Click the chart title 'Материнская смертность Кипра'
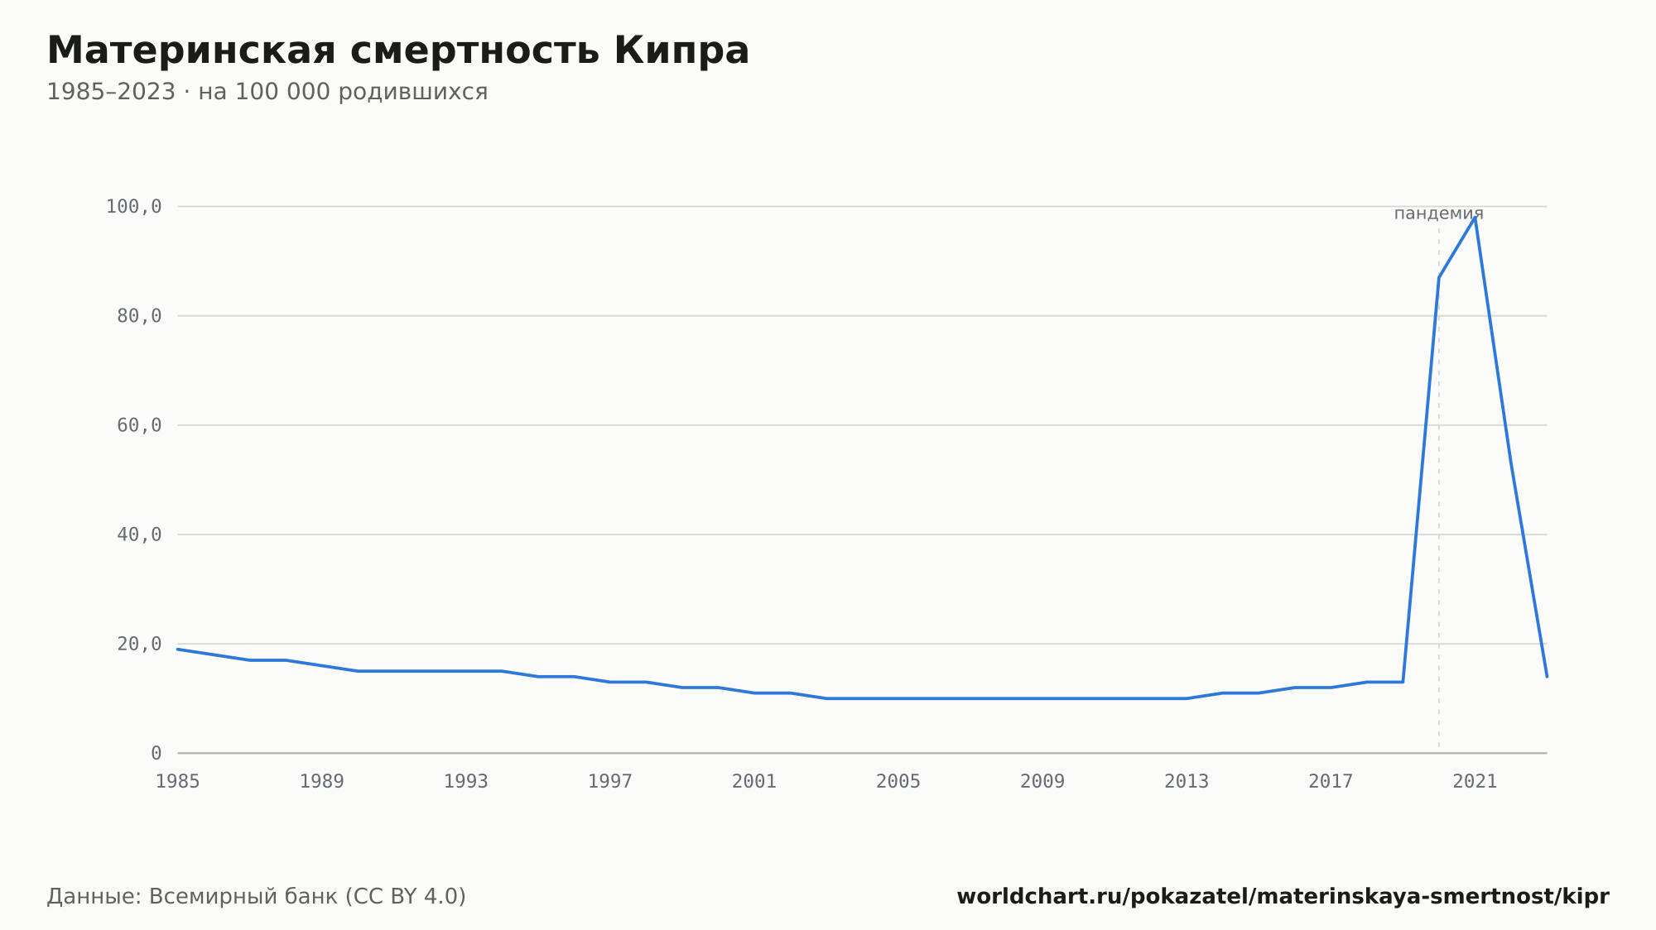(x=398, y=51)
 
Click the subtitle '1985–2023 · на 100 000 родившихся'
(x=267, y=92)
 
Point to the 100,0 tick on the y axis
(x=134, y=207)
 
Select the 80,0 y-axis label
(x=139, y=316)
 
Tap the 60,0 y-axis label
(x=139, y=425)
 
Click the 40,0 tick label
(x=139, y=535)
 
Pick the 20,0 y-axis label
(x=139, y=644)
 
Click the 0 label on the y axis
(x=156, y=754)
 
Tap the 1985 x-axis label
(x=178, y=782)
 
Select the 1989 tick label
(x=322, y=782)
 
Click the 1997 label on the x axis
(x=610, y=782)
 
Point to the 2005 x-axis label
(x=898, y=782)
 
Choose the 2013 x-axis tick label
(x=1187, y=782)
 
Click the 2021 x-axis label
(x=1475, y=782)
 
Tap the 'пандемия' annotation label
(x=1439, y=213)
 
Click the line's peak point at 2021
(x=1475, y=218)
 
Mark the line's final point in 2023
(x=1547, y=677)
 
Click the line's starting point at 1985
(x=178, y=650)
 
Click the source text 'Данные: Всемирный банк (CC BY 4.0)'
(x=257, y=897)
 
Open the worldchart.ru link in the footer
(x=1283, y=897)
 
